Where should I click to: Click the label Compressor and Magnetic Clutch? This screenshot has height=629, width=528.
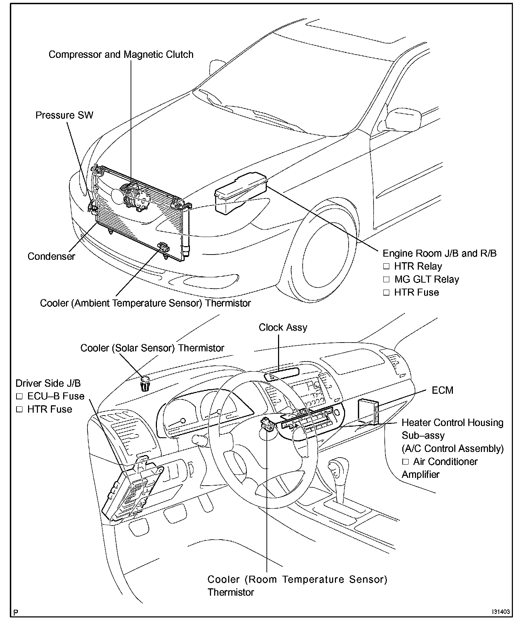(x=121, y=55)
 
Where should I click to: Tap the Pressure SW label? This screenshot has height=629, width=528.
(x=64, y=115)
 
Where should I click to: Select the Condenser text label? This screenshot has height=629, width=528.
(x=51, y=256)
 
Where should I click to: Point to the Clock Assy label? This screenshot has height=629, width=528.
(x=283, y=327)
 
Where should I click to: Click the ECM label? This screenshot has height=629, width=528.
(x=442, y=390)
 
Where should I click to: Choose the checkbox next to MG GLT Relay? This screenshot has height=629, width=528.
(x=387, y=279)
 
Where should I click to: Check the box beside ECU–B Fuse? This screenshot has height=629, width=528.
(x=19, y=396)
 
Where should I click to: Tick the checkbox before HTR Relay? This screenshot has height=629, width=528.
(x=387, y=266)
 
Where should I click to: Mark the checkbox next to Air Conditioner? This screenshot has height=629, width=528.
(x=405, y=462)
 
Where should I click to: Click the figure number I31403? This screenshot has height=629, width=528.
(x=500, y=612)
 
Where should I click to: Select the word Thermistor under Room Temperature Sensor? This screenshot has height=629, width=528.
(x=231, y=592)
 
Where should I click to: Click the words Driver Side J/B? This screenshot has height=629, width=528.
(x=48, y=383)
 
